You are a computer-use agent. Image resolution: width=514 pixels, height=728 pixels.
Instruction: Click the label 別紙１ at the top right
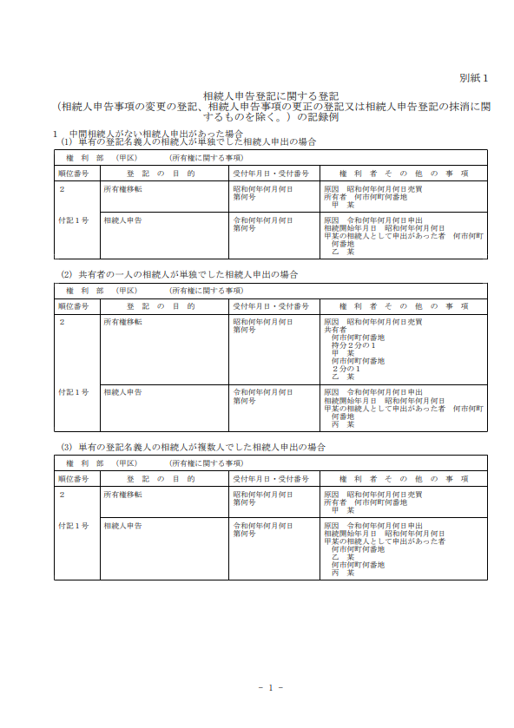point(474,78)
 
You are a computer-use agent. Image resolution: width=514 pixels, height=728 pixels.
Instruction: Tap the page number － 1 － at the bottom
point(271,687)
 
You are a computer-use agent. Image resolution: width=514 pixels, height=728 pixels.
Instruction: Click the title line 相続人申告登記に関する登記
point(270,96)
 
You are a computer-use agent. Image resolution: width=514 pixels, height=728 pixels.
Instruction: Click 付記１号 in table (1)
point(74,220)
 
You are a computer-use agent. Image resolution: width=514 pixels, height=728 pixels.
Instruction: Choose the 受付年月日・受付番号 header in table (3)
point(270,478)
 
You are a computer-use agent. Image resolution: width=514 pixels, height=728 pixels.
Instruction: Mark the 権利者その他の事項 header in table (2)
point(404,306)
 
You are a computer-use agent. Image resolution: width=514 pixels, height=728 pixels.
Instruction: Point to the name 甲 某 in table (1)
point(343,204)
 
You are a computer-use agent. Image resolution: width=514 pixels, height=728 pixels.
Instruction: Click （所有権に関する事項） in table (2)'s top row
point(206,291)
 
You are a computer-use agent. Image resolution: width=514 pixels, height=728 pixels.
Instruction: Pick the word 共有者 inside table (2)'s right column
point(335,330)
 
